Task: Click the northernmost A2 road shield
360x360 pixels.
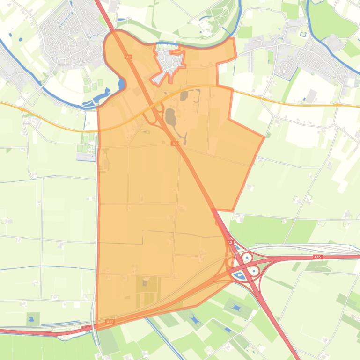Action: coord(128,57)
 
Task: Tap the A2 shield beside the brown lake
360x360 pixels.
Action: coord(174,144)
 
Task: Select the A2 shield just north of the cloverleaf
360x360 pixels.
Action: coord(230,242)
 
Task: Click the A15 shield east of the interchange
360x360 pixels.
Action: coord(318,257)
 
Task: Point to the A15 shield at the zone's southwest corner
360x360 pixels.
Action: coord(110,322)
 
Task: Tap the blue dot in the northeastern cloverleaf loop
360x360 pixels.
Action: coord(246,257)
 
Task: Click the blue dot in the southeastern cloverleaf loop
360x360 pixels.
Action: coord(254,271)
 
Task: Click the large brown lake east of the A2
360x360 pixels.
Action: coord(170,117)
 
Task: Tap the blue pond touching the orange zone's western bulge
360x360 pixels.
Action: coord(122,84)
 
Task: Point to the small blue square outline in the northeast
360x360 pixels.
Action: coord(302,34)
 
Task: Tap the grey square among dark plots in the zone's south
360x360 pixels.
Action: coord(145,282)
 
